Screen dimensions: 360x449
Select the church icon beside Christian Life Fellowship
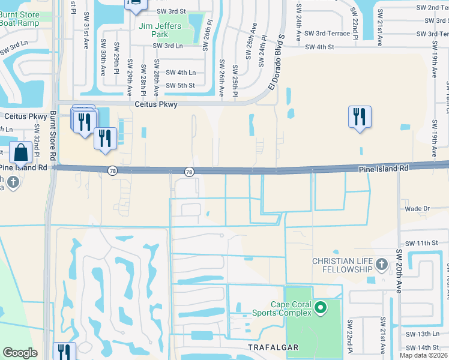pos(381,264)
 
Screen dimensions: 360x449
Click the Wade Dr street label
pos(418,209)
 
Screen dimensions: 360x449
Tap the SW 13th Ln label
pos(423,334)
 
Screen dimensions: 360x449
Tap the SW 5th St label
pos(180,85)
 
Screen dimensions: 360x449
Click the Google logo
pos(20,353)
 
